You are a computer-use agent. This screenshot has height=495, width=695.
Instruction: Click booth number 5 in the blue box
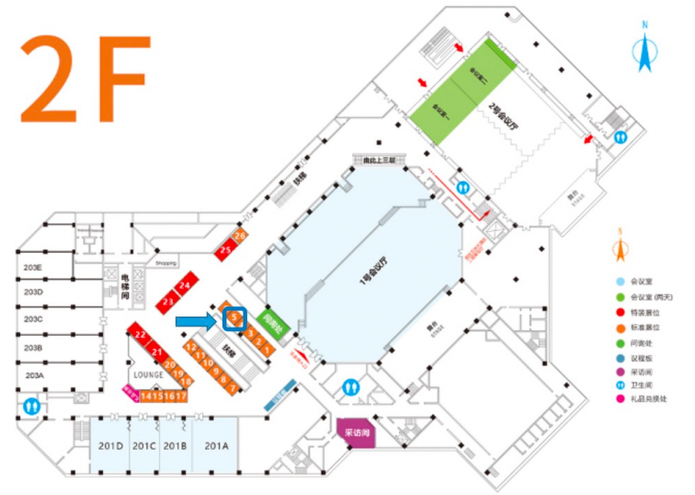click(x=234, y=318)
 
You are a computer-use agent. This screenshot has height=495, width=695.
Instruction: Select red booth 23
click(x=168, y=301)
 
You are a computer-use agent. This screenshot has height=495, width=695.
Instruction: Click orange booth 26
click(x=240, y=236)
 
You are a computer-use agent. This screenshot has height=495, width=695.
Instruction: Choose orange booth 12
click(x=190, y=348)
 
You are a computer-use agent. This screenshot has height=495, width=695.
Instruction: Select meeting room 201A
click(x=217, y=446)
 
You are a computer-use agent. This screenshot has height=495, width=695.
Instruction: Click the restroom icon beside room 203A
click(x=33, y=404)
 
